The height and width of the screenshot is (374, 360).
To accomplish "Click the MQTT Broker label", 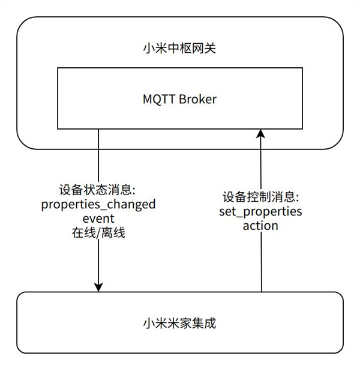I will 179,98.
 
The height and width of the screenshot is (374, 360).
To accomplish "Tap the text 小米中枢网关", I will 179,46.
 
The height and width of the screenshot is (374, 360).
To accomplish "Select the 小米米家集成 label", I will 179,324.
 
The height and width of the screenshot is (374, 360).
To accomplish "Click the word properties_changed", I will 98,205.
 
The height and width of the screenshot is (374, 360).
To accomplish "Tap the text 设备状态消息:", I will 98,190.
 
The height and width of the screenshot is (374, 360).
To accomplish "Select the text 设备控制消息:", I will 260,198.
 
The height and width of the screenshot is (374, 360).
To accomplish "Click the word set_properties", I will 260,212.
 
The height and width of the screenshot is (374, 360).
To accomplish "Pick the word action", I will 260,226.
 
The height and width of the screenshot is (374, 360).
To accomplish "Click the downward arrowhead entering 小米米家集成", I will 98,286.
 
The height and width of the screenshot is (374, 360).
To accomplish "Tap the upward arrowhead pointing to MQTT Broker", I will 260,134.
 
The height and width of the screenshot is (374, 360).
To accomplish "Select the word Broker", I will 197,98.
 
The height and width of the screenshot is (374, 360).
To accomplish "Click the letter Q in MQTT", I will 158,98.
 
